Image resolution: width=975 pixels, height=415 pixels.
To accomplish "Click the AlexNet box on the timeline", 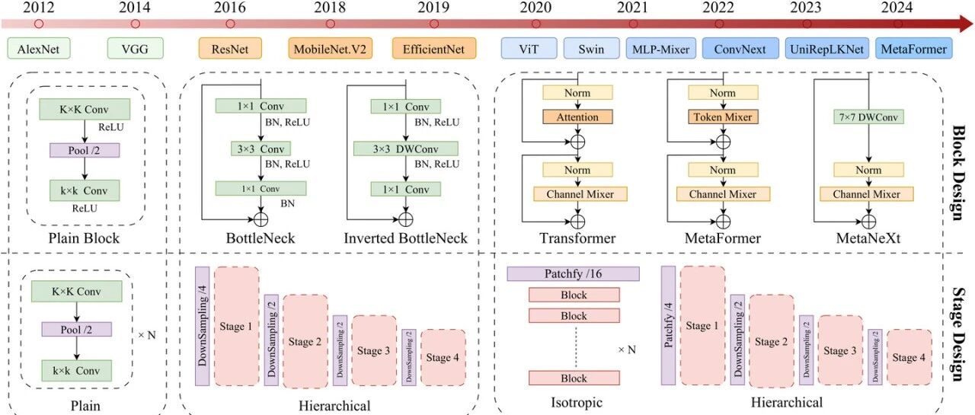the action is pyautogui.click(x=39, y=48).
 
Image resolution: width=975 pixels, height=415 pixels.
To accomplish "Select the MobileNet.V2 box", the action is pyautogui.click(x=331, y=48).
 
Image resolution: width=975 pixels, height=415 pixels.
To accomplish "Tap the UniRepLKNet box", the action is pyautogui.click(x=827, y=48).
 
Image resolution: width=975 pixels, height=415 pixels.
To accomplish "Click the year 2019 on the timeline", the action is pyautogui.click(x=433, y=8).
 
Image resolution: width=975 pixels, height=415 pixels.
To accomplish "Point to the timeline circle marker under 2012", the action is pyautogui.click(x=39, y=24).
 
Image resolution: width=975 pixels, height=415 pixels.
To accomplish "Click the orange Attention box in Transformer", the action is pyautogui.click(x=577, y=117).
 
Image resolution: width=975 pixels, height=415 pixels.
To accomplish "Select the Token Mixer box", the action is pyautogui.click(x=723, y=117).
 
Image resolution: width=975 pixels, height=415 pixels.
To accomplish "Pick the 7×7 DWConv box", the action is pyautogui.click(x=868, y=117).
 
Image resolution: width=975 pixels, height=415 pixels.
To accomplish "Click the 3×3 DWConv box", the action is pyautogui.click(x=406, y=148).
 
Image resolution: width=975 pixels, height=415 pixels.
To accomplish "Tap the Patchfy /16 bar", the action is pyautogui.click(x=574, y=273).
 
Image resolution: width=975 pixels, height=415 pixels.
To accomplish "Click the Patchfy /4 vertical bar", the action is pyautogui.click(x=668, y=325).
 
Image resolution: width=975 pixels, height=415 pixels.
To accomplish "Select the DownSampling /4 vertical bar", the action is pyautogui.click(x=203, y=326).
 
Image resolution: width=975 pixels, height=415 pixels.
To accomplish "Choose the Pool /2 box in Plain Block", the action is pyautogui.click(x=85, y=151).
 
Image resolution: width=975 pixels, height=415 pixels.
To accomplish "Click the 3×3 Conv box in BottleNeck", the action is pyautogui.click(x=261, y=148).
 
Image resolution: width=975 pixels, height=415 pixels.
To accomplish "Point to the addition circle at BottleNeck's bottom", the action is pyautogui.click(x=261, y=219).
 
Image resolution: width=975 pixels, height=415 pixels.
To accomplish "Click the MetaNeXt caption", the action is pyautogui.click(x=868, y=238).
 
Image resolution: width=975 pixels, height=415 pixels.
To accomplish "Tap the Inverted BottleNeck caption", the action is pyautogui.click(x=406, y=238).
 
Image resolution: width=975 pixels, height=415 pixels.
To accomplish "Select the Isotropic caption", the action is pyautogui.click(x=577, y=402).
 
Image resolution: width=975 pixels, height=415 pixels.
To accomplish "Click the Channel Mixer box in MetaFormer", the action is pyautogui.click(x=723, y=194).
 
